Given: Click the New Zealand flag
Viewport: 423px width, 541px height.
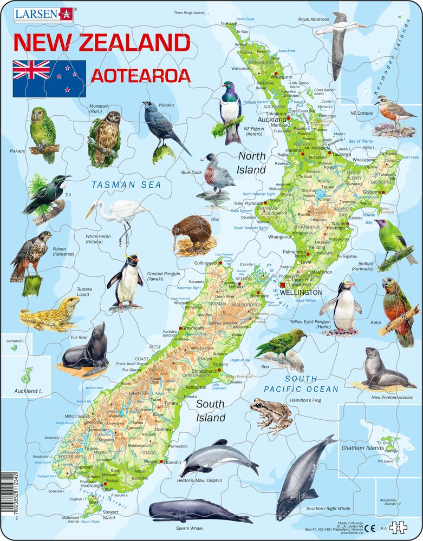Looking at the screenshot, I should point(49,78).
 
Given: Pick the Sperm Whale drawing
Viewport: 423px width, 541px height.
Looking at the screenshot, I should point(192,511).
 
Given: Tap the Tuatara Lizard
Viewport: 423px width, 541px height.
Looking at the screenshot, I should point(49,314).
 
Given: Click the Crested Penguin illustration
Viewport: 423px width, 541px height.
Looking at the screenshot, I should point(125,281).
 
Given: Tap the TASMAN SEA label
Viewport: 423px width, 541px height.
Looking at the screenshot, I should point(126,184).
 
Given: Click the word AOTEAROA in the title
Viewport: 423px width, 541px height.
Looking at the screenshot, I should point(140,75).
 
